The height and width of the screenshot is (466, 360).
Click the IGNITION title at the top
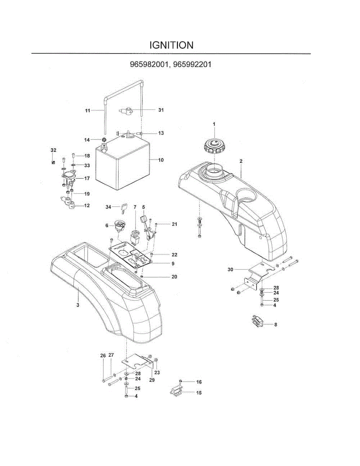coord(171,45)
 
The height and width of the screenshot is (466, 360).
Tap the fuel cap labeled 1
coord(213,146)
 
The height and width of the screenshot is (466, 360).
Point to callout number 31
coord(161,110)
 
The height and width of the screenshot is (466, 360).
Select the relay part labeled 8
coord(257,321)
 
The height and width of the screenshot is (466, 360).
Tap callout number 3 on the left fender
coord(78,305)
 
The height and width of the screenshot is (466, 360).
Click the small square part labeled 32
coord(53,161)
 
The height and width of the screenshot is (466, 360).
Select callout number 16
coord(199,382)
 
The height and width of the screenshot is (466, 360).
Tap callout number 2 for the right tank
coord(241,161)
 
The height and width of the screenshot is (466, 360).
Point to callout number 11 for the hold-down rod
coord(88,111)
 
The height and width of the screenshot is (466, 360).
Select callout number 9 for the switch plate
coord(173,264)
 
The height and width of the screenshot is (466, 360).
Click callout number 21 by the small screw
coord(174,224)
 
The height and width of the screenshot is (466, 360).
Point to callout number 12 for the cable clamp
coord(87,205)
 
